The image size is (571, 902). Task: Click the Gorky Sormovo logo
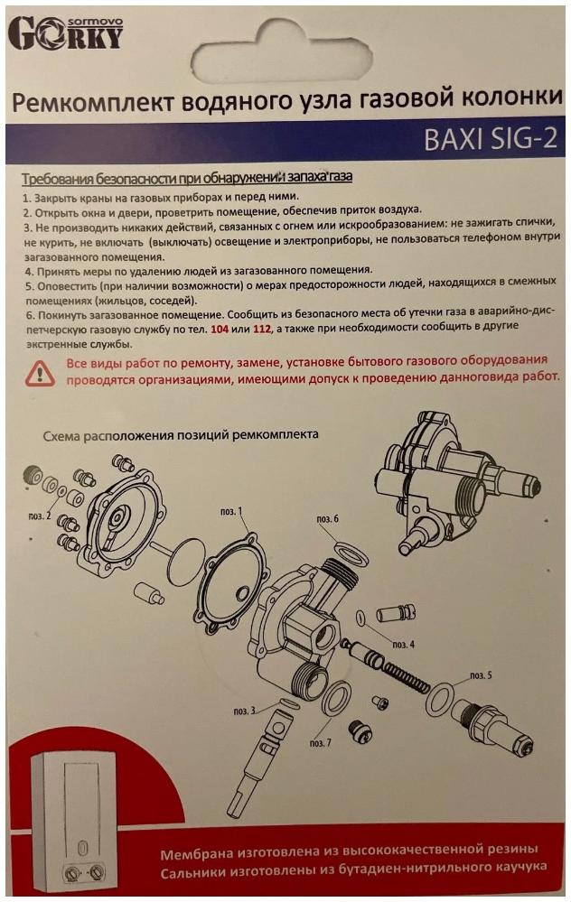coord(66,33)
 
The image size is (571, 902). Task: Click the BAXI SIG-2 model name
coord(491,140)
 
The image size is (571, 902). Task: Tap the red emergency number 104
coord(220,330)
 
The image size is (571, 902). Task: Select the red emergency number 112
coord(262,330)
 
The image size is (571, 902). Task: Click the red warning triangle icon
coord(40,373)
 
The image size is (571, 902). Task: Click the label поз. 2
coord(40,516)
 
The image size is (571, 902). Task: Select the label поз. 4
coord(404,645)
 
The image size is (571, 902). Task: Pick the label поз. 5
coord(481,675)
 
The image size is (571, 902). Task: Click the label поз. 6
coord(328,519)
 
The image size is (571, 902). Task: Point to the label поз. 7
coord(321,743)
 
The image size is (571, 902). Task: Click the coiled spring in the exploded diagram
coord(407,674)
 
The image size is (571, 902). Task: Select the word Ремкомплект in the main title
coord(93,103)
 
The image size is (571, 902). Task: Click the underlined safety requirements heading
coord(187,178)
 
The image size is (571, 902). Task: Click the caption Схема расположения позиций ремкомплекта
coord(181,435)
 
